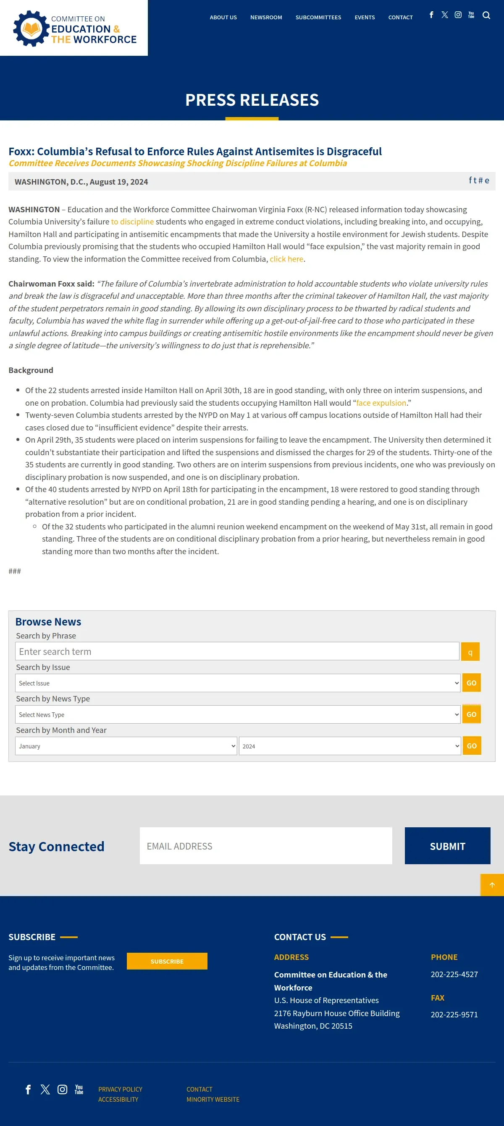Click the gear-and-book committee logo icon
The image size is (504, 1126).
point(31,29)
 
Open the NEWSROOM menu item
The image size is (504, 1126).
point(266,18)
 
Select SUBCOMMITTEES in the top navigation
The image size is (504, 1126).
point(318,18)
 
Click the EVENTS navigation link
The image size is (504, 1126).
point(365,18)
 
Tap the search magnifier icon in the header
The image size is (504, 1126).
point(486,15)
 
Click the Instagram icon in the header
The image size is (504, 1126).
point(458,15)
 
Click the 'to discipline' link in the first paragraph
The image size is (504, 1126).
point(132,222)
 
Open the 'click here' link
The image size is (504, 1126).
point(286,259)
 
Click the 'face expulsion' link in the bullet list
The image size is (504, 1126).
point(381,403)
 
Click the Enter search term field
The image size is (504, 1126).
point(237,651)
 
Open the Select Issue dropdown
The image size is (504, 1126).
point(238,683)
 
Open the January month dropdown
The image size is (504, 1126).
point(126,746)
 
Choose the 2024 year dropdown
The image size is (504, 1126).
point(349,746)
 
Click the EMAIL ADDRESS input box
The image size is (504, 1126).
point(265,846)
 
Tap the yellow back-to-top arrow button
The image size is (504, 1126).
point(492,885)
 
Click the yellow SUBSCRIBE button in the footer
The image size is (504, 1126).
point(167,961)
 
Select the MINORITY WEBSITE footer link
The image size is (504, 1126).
point(213,1099)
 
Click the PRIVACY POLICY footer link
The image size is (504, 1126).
point(120,1089)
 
